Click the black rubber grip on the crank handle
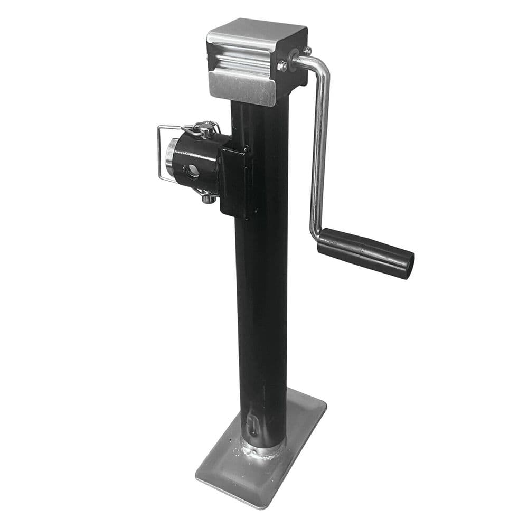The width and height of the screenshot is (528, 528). [x=364, y=252]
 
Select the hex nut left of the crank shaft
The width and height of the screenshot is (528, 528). [x=283, y=66]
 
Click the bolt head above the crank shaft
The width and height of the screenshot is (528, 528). [x=307, y=51]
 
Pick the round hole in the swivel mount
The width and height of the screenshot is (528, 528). [x=192, y=169]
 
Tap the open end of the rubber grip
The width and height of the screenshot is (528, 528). [x=407, y=266]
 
